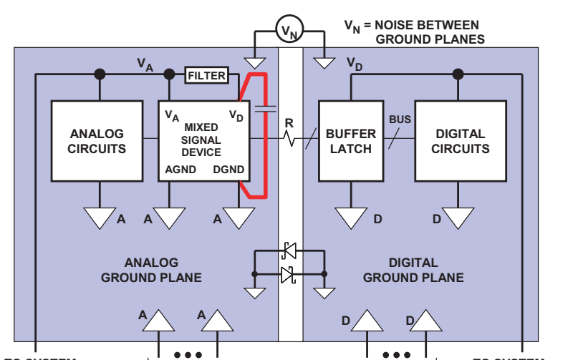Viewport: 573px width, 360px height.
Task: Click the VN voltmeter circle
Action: pyautogui.click(x=289, y=31)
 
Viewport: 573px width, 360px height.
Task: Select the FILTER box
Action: pyautogui.click(x=206, y=75)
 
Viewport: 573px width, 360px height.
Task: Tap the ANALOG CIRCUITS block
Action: pyautogui.click(x=97, y=140)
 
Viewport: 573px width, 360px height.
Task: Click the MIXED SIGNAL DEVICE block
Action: pyautogui.click(x=203, y=140)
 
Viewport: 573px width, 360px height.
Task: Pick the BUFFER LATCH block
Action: pyautogui.click(x=350, y=140)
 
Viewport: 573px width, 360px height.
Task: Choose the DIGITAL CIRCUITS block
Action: pyautogui.click(x=462, y=140)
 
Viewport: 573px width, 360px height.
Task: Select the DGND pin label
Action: pyautogui.click(x=228, y=170)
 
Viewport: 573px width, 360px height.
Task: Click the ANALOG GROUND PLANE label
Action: pyautogui.click(x=150, y=270)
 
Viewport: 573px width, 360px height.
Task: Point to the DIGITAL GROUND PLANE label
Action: pyautogui.click(x=413, y=270)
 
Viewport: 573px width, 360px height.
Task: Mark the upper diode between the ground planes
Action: pyautogui.click(x=289, y=250)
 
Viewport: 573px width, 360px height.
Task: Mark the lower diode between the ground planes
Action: pyautogui.click(x=289, y=273)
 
